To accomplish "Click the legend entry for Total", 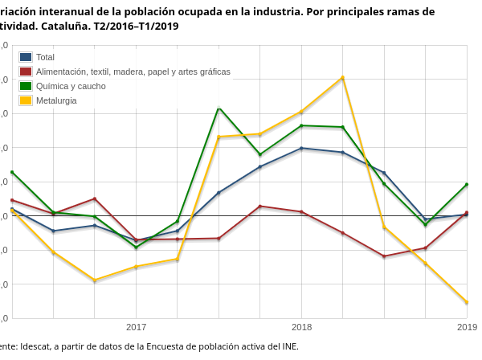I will (45, 57).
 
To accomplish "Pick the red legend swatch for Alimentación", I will (26, 72).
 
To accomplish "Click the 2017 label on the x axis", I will (136, 327).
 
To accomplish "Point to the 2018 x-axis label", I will (301, 327).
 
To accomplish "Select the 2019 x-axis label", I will (467, 327).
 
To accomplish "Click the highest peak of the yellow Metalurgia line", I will (343, 78).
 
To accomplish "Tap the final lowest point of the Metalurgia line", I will (467, 302).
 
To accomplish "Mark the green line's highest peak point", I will (219, 108).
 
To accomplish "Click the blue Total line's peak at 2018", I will (301, 148).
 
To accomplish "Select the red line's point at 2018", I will (301, 212).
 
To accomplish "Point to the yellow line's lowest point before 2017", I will (95, 280).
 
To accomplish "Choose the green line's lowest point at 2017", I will (136, 247).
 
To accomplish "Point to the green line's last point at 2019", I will (467, 185).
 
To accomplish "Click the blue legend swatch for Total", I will (26, 57).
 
